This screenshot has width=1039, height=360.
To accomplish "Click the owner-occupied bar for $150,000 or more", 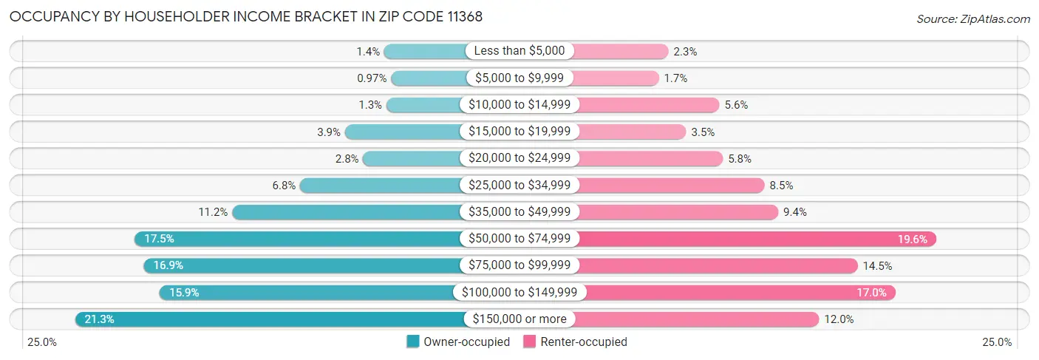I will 270,319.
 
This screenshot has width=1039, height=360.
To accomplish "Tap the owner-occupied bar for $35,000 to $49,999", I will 347,212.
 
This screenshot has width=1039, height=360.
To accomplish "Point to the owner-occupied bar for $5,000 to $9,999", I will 429,78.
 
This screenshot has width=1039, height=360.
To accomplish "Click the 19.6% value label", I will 913,239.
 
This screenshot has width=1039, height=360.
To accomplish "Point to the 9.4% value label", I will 795,212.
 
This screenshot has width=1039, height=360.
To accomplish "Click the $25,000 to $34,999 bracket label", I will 519,185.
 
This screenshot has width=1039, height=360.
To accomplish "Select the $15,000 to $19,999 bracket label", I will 519,132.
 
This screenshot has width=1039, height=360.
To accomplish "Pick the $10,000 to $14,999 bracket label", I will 519,105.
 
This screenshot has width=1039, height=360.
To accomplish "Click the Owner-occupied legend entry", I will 458,342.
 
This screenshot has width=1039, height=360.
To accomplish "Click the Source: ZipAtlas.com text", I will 972,18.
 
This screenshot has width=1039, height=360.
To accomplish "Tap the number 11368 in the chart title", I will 461,17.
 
